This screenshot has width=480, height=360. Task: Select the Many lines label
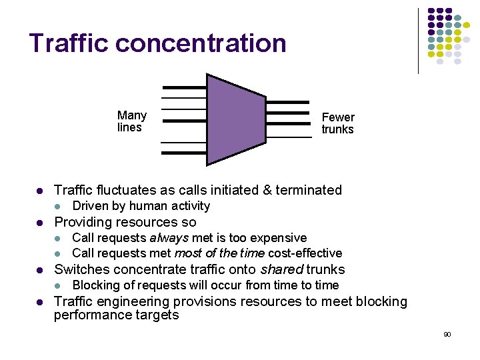click(131, 121)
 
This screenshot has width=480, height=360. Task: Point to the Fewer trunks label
click(338, 123)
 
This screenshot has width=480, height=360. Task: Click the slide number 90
click(447, 334)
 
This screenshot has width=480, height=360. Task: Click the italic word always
click(169, 238)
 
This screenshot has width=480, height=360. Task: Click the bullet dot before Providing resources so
click(41, 223)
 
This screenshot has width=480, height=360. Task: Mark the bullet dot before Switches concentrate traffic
click(41, 270)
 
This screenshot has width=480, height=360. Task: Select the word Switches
click(79, 269)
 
